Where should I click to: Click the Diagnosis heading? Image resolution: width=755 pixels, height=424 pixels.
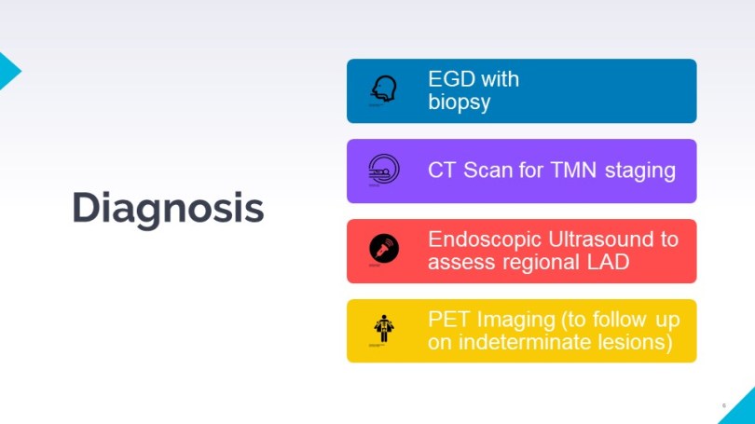168,208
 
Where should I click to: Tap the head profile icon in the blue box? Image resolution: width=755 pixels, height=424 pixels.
384,89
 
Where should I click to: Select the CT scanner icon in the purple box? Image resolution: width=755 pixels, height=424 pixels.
384,169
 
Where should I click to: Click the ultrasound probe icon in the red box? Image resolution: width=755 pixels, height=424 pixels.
384,248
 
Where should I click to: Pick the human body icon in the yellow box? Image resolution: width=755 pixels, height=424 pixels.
384,329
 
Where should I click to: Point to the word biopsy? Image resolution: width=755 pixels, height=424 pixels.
459,103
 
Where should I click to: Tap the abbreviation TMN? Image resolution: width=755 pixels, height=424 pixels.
573,170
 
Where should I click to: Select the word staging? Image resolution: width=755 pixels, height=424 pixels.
640,171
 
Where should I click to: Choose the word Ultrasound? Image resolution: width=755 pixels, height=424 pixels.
600,239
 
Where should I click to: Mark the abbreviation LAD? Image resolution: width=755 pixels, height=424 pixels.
608,262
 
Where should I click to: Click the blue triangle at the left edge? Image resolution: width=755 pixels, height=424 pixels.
8,71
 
